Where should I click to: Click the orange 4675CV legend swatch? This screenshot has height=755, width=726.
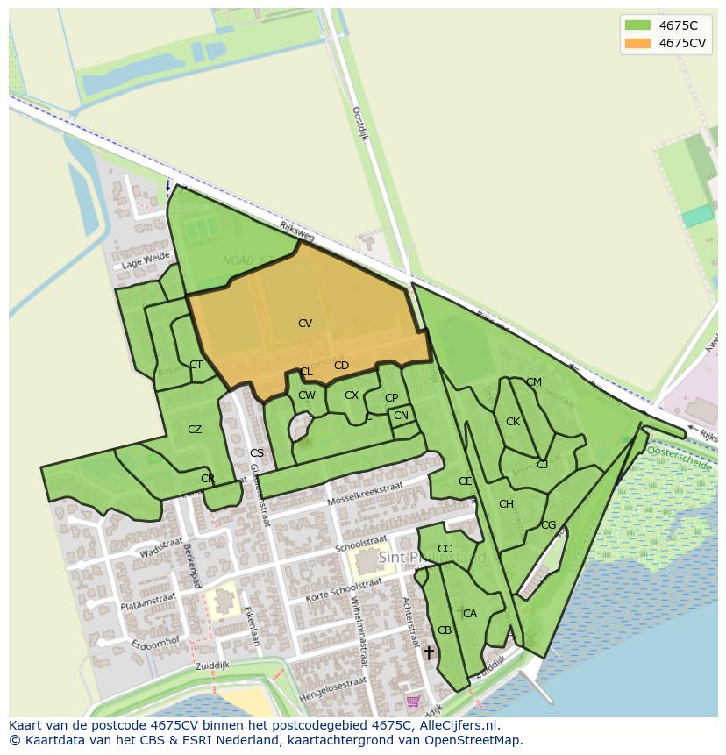pyautogui.click(x=638, y=43)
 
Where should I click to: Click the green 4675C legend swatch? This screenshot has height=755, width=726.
pyautogui.click(x=638, y=25)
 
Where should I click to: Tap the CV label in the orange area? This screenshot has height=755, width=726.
pyautogui.click(x=305, y=324)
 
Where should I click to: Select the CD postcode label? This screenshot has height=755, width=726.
pyautogui.click(x=341, y=366)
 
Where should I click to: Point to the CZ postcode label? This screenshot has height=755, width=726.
pyautogui.click(x=195, y=430)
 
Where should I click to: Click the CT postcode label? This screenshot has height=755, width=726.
pyautogui.click(x=196, y=365)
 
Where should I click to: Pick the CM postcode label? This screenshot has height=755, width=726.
pyautogui.click(x=534, y=382)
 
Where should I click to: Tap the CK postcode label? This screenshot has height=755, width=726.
pyautogui.click(x=513, y=422)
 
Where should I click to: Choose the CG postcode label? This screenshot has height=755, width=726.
pyautogui.click(x=548, y=525)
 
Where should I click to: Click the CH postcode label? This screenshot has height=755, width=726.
pyautogui.click(x=506, y=504)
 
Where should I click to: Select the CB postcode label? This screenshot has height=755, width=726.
pyautogui.click(x=445, y=630)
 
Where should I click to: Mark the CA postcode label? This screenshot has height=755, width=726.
pyautogui.click(x=470, y=614)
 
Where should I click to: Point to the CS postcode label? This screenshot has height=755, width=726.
pyautogui.click(x=257, y=453)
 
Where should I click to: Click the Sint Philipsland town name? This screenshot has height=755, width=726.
pyautogui.click(x=432, y=558)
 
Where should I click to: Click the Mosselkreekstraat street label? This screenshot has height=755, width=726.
pyautogui.click(x=365, y=494)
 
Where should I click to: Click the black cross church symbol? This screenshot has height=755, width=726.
pyautogui.click(x=429, y=652)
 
